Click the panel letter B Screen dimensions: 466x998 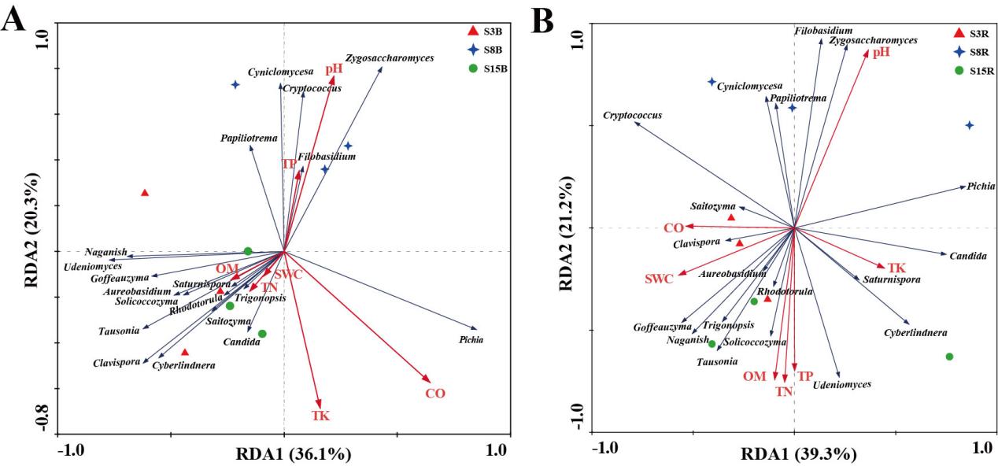[x=544, y=21]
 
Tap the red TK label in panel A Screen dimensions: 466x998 [x=320, y=415]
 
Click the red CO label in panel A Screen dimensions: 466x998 [x=434, y=393]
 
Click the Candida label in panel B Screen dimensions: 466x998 [x=963, y=257]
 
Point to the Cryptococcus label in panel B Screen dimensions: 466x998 [x=632, y=116]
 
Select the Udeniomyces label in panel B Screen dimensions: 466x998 [x=841, y=384]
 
